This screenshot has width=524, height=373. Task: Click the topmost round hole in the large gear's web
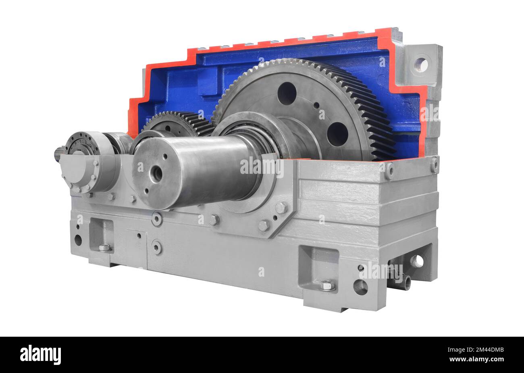coord(287,94)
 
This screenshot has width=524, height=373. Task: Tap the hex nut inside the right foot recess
coord(326,285)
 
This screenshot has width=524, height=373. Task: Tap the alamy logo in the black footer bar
coord(40,354)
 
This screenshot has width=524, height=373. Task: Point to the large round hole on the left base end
coord(78,240)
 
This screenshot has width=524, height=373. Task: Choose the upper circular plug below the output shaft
coord(157,219)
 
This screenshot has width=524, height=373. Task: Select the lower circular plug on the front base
coord(157,247)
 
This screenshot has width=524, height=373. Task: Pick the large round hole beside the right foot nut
coord(360,287)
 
